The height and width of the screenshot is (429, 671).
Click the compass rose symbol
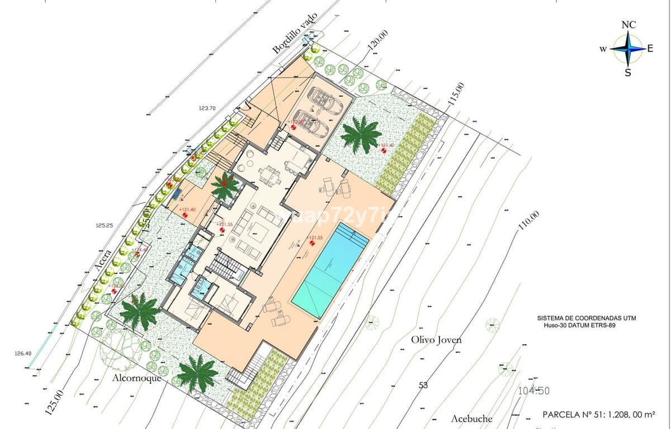[628, 49]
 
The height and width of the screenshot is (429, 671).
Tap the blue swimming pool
[330, 270]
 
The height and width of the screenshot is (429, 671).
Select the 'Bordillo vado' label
[295, 33]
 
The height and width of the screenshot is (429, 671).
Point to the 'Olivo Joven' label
[437, 339]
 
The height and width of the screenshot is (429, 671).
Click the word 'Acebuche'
[472, 418]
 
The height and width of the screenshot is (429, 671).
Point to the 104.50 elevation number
[535, 392]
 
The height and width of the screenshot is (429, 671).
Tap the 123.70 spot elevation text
[206, 108]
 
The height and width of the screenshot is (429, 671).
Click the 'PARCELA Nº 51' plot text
[599, 414]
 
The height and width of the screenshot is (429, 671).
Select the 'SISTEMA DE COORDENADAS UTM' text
[586, 318]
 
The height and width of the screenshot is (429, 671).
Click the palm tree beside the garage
[361, 134]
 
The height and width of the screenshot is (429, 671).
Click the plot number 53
[423, 385]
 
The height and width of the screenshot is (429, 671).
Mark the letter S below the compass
[628, 73]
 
